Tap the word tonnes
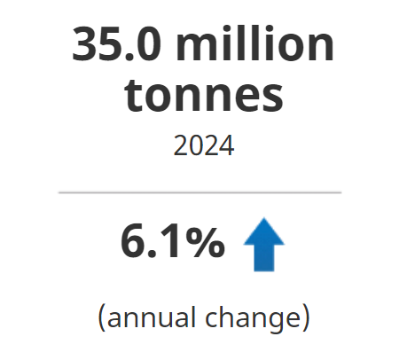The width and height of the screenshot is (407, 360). pos(204,95)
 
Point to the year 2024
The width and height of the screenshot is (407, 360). pos(204,145)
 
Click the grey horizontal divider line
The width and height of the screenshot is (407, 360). pos(200,192)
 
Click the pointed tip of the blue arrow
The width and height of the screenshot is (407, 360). pos(263,223)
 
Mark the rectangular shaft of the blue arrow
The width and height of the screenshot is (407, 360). pos(263,258)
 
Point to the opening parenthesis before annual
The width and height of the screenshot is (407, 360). pos(101,317)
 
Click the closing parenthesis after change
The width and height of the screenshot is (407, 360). pos(305,317)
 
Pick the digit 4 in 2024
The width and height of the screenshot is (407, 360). pos(227,145)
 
